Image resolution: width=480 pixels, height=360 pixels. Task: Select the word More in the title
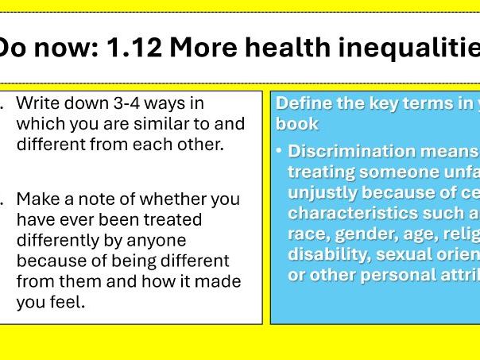click(x=201, y=49)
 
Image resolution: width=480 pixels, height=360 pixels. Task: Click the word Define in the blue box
click(x=300, y=103)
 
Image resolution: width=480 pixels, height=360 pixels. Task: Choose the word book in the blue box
click(x=297, y=124)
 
